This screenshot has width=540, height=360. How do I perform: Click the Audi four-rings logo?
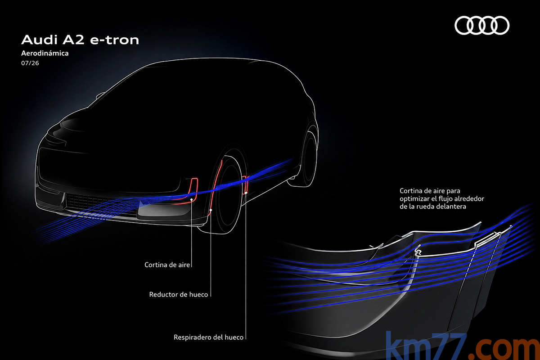click(x=482, y=25)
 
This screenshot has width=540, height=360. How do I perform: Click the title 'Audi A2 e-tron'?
click(x=80, y=40)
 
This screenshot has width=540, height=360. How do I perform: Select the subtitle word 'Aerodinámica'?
click(x=45, y=53)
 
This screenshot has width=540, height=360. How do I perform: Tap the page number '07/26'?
click(x=30, y=63)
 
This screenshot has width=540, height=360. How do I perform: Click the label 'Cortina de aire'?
click(x=167, y=265)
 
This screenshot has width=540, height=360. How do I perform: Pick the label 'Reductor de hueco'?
click(x=178, y=294)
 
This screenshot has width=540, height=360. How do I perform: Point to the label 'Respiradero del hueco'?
click(x=208, y=337)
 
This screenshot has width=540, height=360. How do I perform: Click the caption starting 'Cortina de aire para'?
click(x=441, y=199)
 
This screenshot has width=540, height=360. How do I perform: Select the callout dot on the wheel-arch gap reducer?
click(x=211, y=210)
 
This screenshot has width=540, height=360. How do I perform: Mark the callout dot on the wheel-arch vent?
click(x=246, y=193)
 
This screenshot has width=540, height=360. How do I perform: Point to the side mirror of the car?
click(x=100, y=95)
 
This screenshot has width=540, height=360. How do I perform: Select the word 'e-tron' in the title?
click(x=114, y=40)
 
